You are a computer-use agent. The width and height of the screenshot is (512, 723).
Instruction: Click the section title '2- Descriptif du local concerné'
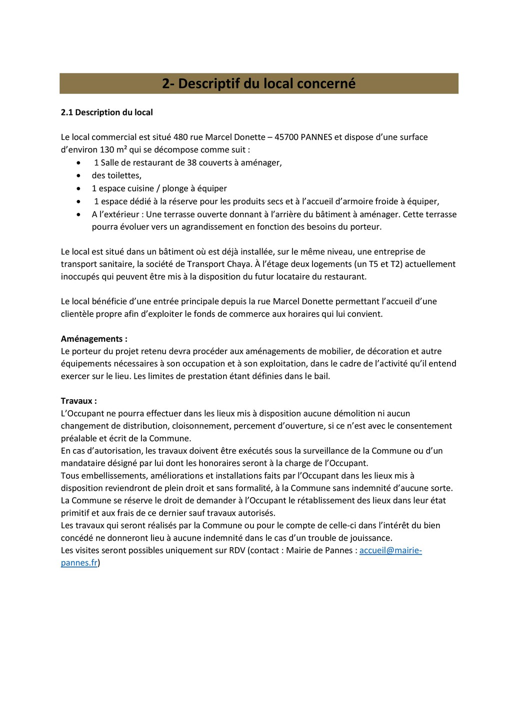point(258,83)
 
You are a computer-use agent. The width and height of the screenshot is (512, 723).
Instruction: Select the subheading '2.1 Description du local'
point(106,112)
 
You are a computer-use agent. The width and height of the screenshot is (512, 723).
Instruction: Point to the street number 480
point(180,137)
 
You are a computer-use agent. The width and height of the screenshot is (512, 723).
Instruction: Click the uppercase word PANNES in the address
point(316,137)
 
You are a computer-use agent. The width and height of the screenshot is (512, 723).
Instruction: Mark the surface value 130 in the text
point(107,149)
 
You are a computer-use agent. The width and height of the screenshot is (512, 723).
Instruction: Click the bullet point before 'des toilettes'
point(78,176)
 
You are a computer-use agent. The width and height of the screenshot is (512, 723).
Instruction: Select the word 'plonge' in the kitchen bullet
point(175,188)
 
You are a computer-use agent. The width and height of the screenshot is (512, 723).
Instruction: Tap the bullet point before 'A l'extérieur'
point(78,214)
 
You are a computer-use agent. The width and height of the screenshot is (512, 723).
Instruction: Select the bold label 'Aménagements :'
point(94,339)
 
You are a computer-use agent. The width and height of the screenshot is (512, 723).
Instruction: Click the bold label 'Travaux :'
point(79,401)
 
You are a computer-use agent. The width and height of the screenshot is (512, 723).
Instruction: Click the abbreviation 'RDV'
point(237,550)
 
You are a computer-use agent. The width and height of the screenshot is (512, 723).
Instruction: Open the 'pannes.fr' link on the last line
point(79,563)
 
